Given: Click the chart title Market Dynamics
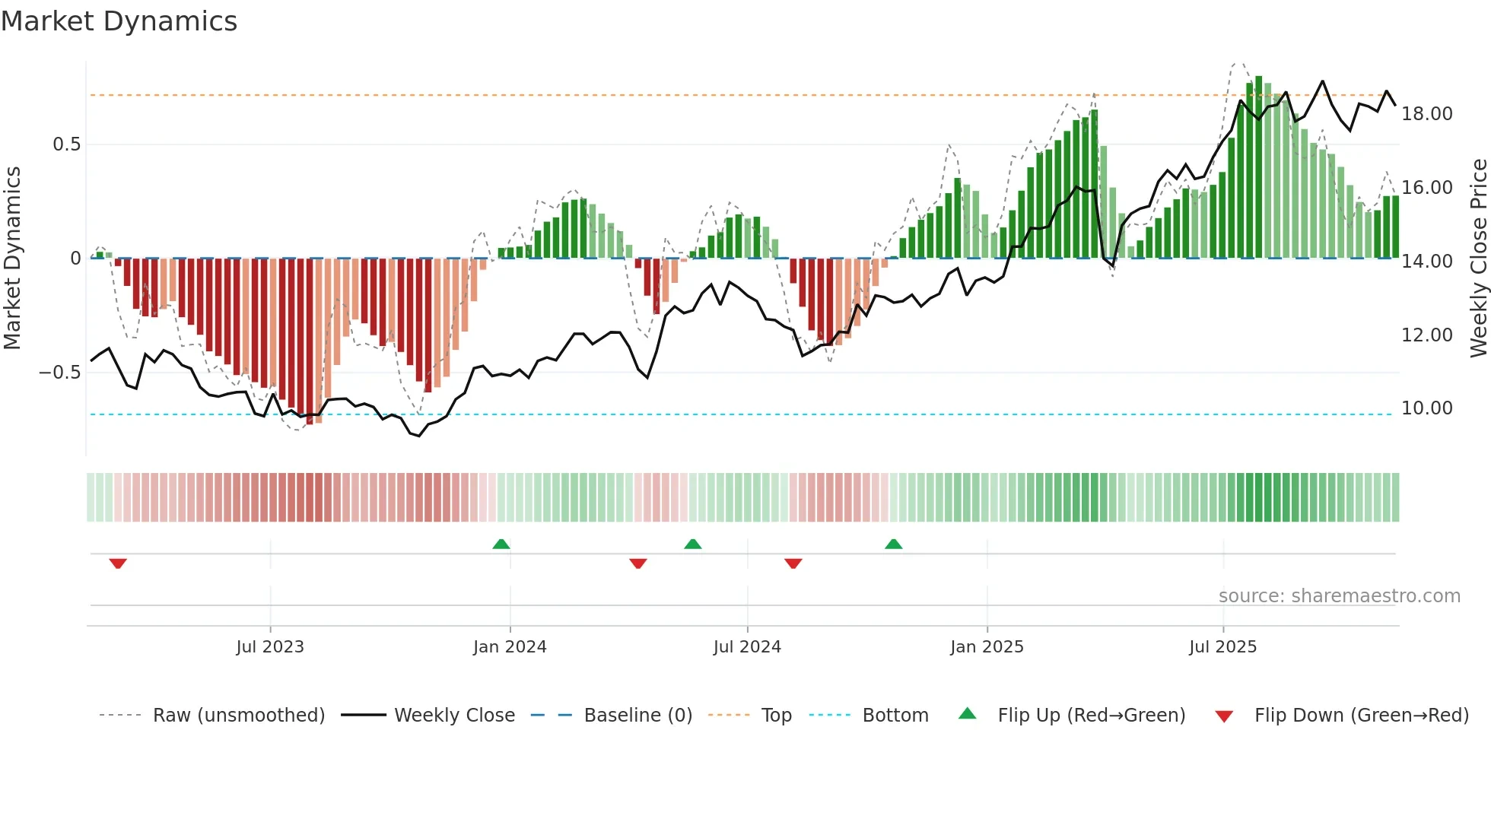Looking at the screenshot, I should point(119,21).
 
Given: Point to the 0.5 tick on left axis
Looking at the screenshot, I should point(66,144).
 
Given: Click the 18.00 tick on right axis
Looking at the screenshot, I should point(1426,114).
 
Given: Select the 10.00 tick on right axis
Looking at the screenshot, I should point(1426,408).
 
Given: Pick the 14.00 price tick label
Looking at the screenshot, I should point(1426,262).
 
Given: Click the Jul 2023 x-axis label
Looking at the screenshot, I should point(269,647).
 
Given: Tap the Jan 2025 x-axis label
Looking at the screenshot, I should point(987,647).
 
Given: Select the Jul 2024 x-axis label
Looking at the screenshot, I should point(746,647).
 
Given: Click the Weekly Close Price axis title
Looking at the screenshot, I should point(1478,259).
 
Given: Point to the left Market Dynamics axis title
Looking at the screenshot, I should point(12,259).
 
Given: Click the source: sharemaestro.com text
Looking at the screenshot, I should point(1339,596).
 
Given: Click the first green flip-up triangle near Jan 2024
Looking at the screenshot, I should point(501,544).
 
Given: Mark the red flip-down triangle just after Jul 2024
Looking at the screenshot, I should point(793,563).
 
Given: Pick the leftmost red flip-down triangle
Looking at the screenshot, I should point(117,563).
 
